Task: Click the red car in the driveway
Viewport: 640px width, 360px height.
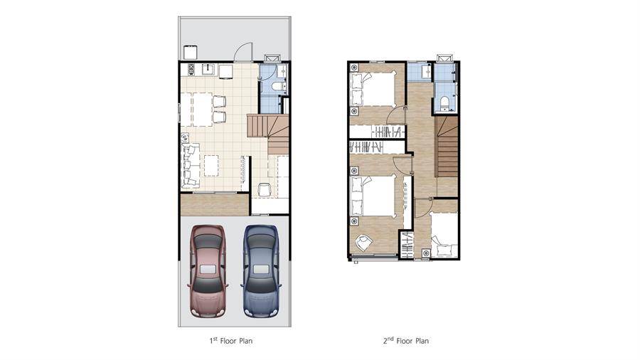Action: (x=207, y=271)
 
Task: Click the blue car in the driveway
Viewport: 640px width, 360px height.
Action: (x=261, y=271)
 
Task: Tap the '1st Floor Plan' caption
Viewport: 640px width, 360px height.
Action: (x=231, y=340)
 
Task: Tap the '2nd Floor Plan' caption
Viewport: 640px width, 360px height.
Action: (x=406, y=340)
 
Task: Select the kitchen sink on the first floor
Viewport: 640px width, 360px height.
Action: (x=208, y=70)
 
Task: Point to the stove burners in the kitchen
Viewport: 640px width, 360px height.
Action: (x=191, y=70)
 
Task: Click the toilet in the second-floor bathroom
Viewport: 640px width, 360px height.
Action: (x=444, y=102)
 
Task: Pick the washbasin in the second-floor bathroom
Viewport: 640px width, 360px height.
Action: (x=428, y=71)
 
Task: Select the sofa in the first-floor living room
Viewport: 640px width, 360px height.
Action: (x=191, y=165)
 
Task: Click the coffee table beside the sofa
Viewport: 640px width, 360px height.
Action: (x=211, y=165)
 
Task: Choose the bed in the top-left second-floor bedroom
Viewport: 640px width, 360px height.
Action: (x=373, y=89)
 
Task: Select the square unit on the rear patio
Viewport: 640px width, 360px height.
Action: (x=190, y=53)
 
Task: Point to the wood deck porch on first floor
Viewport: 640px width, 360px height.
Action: (x=215, y=204)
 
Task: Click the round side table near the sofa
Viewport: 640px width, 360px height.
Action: (x=185, y=138)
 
